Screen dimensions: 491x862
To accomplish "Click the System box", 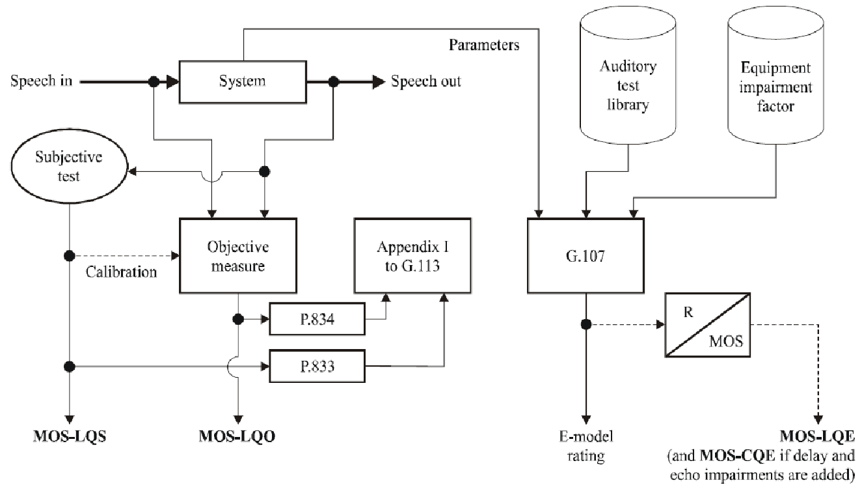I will tap(243, 82).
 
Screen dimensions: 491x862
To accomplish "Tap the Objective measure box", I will tap(238, 256).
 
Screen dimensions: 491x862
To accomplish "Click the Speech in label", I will tap(41, 82).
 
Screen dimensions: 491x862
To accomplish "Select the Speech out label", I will tap(425, 82).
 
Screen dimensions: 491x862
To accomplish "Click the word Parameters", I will tap(484, 46).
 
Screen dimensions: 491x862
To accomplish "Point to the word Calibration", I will tap(121, 272).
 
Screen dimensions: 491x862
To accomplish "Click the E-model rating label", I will tap(586, 446).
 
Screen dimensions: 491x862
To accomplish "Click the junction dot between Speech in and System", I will tap(154, 82).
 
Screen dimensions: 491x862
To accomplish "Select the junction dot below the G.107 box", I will tap(587, 324).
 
